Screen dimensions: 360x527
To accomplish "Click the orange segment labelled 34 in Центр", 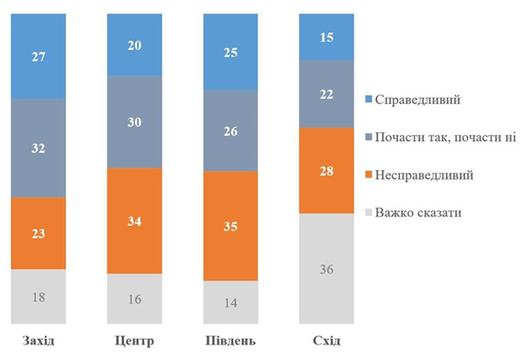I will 133,220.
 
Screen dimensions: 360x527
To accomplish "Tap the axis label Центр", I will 133,342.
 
